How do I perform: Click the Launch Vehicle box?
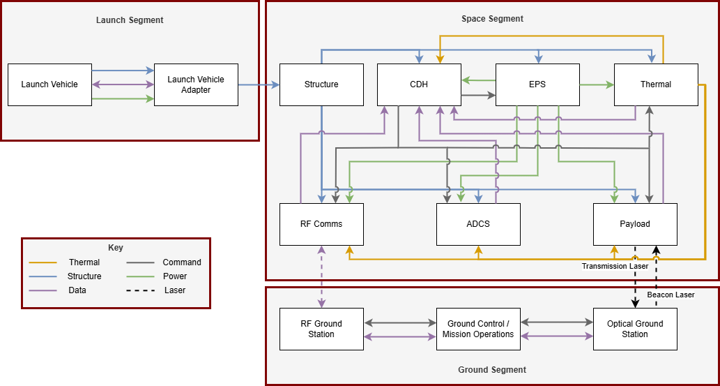pos(49,84)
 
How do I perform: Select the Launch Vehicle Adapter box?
pos(196,84)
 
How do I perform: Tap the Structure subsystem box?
pos(321,84)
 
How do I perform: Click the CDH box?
pos(419,84)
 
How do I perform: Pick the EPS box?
pos(537,84)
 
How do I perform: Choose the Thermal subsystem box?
pos(656,84)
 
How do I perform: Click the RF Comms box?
pos(321,224)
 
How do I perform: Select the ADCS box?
pos(478,224)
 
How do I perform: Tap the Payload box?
pos(635,224)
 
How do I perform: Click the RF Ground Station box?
pos(321,329)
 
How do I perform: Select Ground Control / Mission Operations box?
pos(478,329)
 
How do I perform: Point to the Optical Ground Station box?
pos(635,329)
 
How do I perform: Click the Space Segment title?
pos(492,19)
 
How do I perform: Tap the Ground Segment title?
pos(492,370)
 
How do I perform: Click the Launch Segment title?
pos(130,20)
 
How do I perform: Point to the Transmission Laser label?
pos(615,266)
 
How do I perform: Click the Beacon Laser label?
pos(671,295)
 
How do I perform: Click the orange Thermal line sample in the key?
pos(43,262)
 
